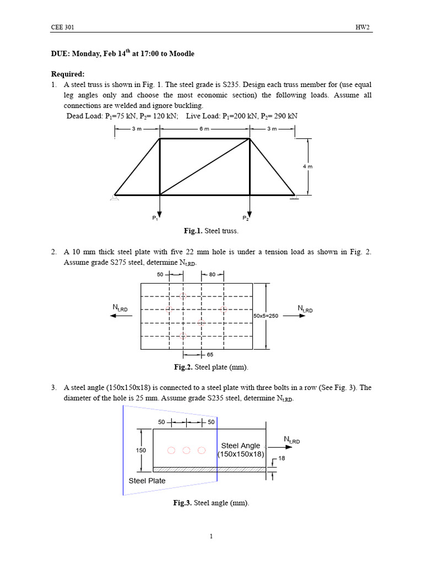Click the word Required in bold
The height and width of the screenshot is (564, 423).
point(68,74)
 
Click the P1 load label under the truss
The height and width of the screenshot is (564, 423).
point(155,218)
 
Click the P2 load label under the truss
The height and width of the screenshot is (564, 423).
point(245,218)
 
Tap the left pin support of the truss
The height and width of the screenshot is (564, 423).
point(115,197)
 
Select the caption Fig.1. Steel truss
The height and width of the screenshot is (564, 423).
point(205,231)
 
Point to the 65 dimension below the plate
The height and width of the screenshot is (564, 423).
point(210,355)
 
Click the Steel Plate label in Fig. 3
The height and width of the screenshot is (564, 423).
point(147,480)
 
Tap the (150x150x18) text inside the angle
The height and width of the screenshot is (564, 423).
point(241,454)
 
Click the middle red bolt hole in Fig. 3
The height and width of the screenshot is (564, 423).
point(186,451)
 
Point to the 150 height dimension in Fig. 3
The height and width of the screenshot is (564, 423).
point(140,450)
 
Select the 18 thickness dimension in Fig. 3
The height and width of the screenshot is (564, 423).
point(281,458)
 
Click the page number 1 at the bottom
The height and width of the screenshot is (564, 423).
point(211,537)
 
